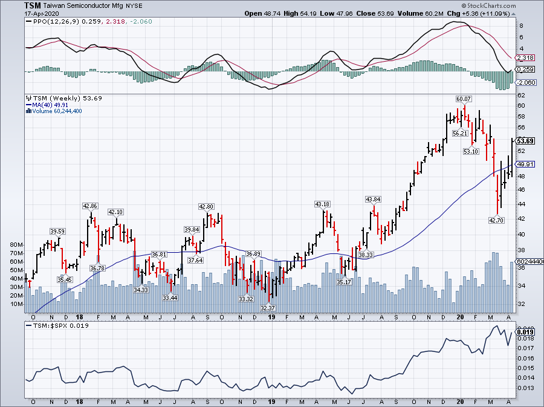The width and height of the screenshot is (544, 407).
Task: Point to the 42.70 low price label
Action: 496,220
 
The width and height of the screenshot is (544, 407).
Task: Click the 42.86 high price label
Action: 90,206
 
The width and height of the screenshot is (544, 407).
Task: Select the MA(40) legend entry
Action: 39,105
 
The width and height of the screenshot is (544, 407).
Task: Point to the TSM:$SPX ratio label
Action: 45,325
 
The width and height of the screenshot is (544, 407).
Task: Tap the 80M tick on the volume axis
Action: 16,245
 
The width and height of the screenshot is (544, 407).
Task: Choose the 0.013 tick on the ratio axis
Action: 525,388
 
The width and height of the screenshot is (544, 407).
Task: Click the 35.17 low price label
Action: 344,281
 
